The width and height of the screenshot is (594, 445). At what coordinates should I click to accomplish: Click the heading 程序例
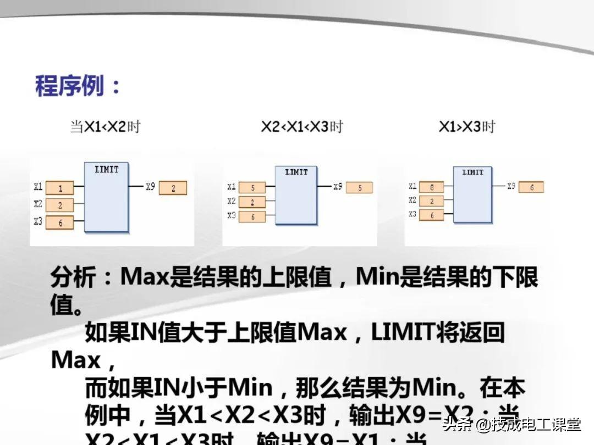tap(77, 86)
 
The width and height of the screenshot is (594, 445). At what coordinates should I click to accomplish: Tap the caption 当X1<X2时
tap(105, 127)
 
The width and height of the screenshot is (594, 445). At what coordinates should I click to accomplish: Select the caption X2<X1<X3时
tap(301, 127)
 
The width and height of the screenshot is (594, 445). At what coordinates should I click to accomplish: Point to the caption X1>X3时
tap(466, 127)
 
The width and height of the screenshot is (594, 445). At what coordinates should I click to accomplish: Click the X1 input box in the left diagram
tap(60, 188)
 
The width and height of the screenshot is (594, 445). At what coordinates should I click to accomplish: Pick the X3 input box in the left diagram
tap(60, 222)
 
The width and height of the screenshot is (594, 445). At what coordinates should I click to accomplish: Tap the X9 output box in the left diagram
tap(173, 188)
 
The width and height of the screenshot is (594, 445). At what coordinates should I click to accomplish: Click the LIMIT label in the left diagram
tap(107, 170)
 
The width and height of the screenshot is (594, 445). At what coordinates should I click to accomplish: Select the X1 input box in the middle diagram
tap(252, 188)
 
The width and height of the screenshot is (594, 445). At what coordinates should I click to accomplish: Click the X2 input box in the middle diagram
tap(252, 202)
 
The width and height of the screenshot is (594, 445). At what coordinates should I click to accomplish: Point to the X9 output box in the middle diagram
tap(360, 188)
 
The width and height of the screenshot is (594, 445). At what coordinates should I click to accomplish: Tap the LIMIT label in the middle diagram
tap(296, 172)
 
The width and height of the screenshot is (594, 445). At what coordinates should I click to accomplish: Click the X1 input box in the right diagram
tap(432, 187)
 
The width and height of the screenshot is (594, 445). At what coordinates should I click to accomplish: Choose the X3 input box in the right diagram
tap(432, 215)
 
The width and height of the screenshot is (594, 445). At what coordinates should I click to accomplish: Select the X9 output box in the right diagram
tap(531, 187)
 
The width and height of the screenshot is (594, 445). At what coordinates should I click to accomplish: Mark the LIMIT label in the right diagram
tap(472, 172)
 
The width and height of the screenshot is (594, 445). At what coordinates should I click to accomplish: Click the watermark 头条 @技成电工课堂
tap(512, 424)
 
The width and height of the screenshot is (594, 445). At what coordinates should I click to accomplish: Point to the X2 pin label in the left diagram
tap(37, 204)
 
